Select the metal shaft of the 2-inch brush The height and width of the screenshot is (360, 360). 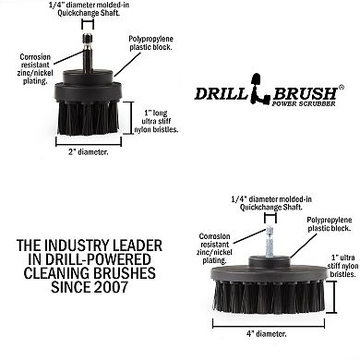[x=83, y=51]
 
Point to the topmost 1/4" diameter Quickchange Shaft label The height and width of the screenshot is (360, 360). [x=83, y=10]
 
